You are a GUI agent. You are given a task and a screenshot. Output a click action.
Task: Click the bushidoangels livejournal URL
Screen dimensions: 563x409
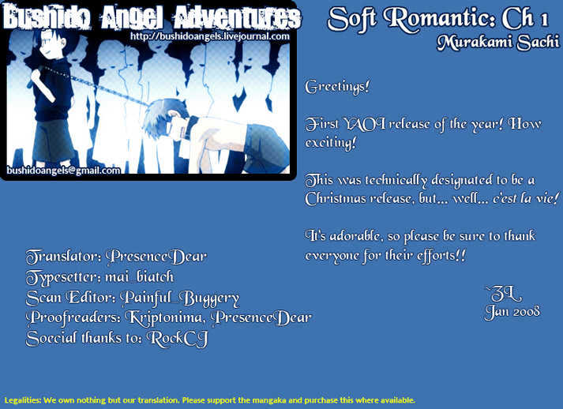tap(210, 36)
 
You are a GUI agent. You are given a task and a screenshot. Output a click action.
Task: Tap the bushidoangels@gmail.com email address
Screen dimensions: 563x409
tap(63, 171)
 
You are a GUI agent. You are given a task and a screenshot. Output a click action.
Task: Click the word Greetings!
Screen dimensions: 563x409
tap(337, 87)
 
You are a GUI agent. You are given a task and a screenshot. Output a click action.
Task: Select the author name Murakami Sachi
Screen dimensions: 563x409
tap(498, 43)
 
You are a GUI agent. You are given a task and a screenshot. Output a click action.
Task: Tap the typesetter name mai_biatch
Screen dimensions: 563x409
tap(139, 277)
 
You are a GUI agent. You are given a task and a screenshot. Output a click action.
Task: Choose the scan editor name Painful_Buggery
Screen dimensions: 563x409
tap(179, 298)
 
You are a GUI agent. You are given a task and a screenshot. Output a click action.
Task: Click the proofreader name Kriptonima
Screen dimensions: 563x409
tap(166, 317)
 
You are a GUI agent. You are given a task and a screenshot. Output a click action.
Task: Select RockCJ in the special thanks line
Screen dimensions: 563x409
tap(178, 339)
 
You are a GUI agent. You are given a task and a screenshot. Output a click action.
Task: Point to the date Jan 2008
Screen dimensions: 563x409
tap(512, 312)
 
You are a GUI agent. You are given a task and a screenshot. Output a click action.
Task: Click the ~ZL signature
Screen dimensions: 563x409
tap(504, 295)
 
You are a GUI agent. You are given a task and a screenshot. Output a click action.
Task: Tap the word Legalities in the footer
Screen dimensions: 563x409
tap(24, 400)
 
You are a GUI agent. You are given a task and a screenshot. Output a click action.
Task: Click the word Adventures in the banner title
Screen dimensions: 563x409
tap(237, 17)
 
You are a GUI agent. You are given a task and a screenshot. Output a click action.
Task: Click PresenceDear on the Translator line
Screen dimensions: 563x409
tap(156, 257)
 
